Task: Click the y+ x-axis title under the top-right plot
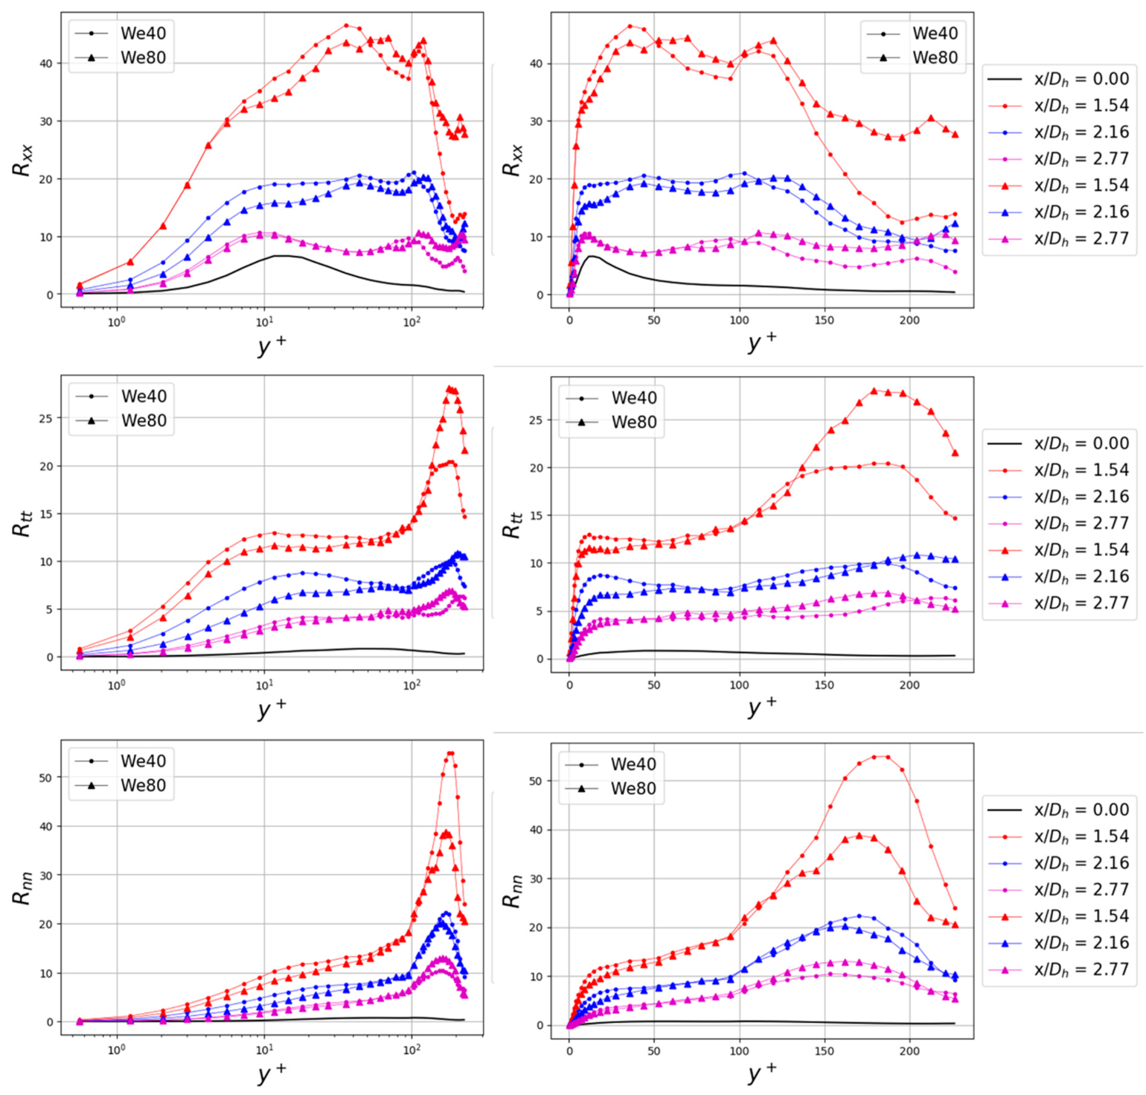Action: click(762, 341)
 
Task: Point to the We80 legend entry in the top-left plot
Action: click(143, 58)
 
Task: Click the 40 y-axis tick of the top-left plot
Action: click(46, 63)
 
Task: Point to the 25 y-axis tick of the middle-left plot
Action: click(46, 419)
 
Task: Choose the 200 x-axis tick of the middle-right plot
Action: click(909, 685)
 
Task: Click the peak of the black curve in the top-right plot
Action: click(592, 256)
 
